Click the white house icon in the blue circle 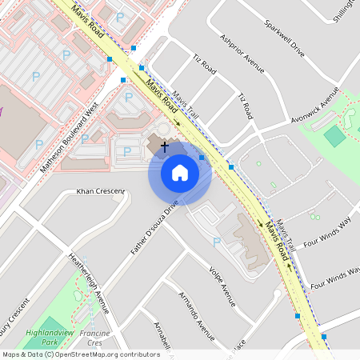pyautogui.click(x=180, y=173)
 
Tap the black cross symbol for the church pyautogui.click(x=165, y=146)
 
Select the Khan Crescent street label pyautogui.click(x=100, y=191)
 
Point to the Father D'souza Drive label pyautogui.click(x=154, y=226)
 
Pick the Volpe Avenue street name pyautogui.click(x=222, y=286)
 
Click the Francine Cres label pyautogui.click(x=95, y=336)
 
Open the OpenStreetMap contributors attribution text pyautogui.click(x=81, y=354)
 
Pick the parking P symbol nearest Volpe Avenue pyautogui.click(x=217, y=241)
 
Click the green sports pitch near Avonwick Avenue pyautogui.click(x=335, y=136)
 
